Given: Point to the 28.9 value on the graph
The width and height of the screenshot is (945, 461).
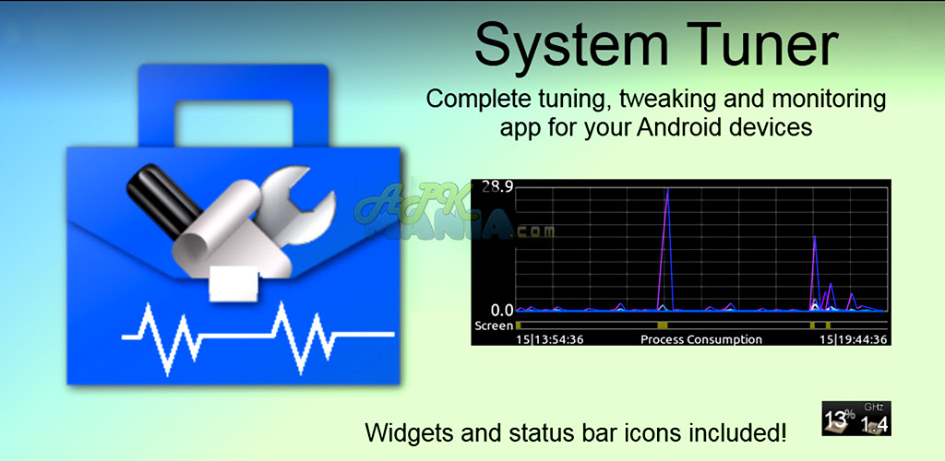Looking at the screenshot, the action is pos(497,187).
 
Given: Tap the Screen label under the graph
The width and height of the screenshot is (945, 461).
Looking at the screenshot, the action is pos(493,325).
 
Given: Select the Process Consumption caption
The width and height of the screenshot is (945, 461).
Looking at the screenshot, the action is pos(701,339).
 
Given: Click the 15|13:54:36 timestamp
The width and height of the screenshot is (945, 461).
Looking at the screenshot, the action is pos(549,339).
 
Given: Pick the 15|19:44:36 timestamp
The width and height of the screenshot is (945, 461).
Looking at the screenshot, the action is pos(853,339).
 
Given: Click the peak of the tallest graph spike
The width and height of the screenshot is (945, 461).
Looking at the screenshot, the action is pos(668,189).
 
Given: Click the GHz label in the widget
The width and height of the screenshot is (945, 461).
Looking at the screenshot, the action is pos(873,408).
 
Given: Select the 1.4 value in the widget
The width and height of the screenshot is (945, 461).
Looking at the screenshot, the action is pos(874,424).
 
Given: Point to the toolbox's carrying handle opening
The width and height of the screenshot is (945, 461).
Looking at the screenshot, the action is pos(233,124).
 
